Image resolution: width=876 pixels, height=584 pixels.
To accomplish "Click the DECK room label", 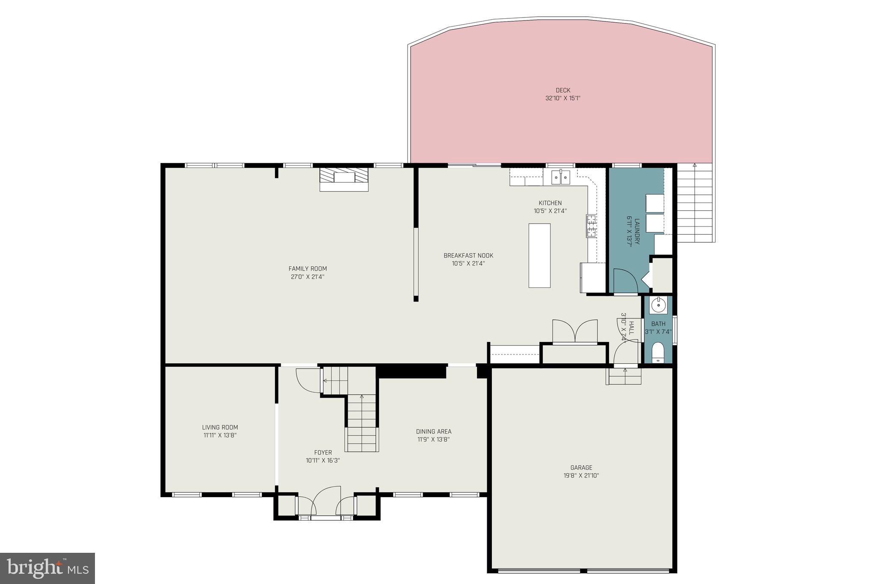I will click(563, 90).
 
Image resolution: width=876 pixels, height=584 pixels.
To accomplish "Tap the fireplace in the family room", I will click(344, 179).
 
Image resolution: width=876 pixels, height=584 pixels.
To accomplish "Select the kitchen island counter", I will click(539, 255).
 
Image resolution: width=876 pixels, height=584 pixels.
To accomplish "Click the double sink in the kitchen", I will click(560, 177).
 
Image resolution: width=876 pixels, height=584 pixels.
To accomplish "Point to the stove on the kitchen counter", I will click(591, 226).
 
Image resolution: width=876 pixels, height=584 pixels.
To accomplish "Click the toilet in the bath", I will click(657, 353).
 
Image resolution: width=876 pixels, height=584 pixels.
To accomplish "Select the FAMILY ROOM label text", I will click(308, 269).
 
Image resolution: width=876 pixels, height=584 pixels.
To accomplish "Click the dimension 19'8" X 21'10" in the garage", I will click(581, 475).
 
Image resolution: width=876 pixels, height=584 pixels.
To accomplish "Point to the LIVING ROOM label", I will click(220, 428).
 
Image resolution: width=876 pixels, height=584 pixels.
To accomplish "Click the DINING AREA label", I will click(434, 432).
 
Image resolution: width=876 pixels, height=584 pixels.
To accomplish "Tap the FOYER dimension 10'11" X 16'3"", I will click(323, 460).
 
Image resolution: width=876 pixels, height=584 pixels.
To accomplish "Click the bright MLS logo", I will click(47, 568).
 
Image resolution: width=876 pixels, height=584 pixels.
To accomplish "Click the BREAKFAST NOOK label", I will click(468, 256).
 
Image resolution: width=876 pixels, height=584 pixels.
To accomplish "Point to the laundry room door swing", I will click(624, 280).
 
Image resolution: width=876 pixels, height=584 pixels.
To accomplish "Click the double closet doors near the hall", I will click(575, 331).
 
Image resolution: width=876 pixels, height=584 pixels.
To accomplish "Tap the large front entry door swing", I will click(326, 500).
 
